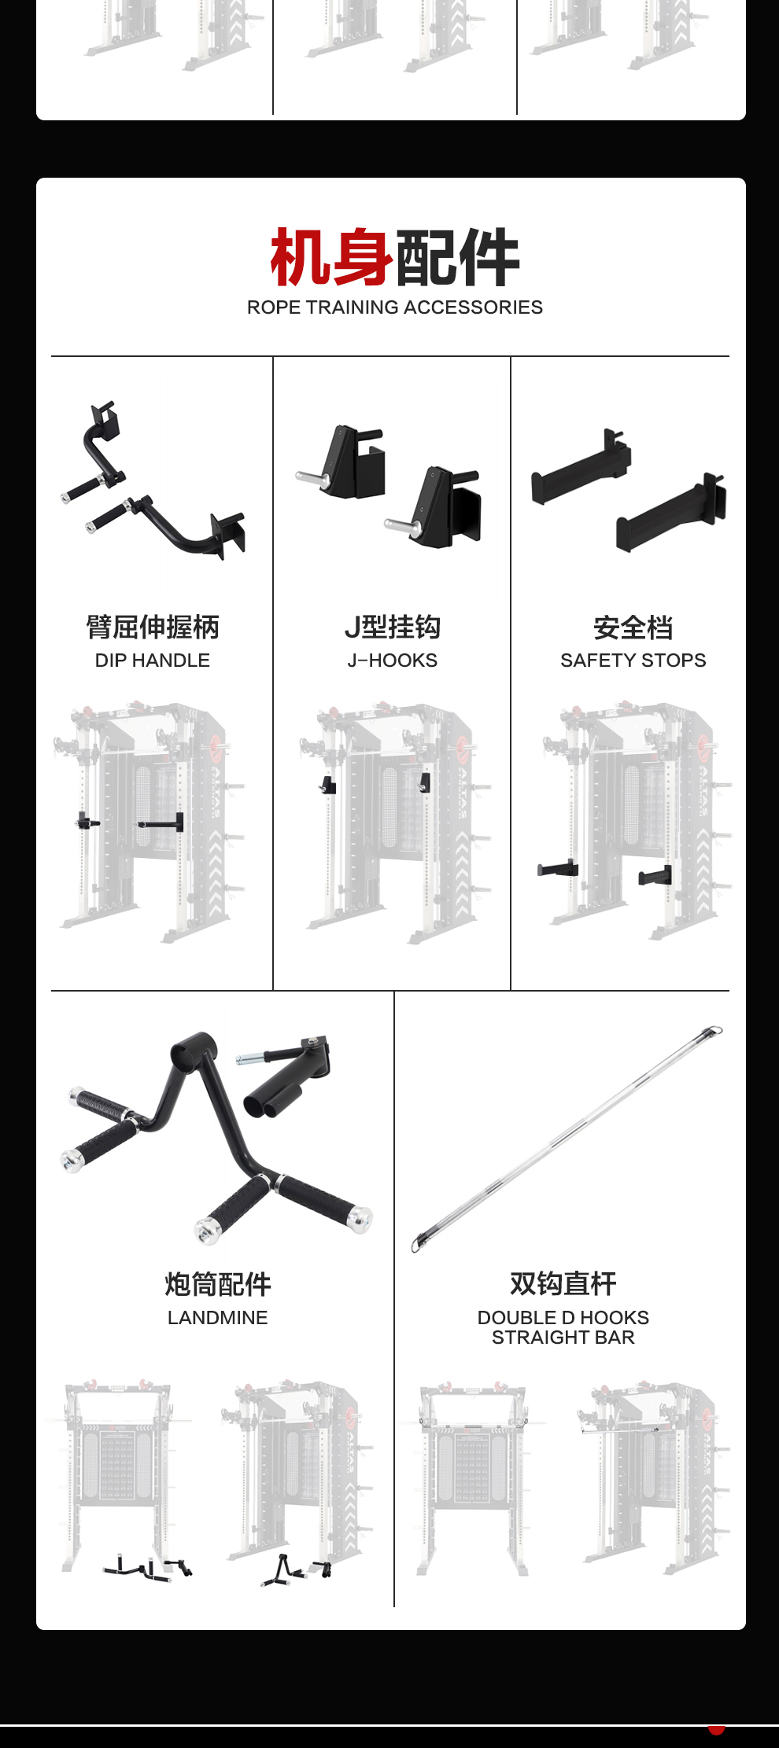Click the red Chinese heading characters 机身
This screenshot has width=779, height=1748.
point(331,257)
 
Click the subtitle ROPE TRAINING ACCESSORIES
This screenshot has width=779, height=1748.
point(395,307)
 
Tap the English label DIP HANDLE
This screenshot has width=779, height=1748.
point(153,661)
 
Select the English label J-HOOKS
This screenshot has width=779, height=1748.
point(393,661)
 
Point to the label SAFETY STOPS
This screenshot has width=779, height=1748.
point(633,661)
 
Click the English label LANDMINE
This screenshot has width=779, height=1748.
point(218,1318)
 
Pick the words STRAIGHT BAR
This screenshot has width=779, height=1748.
point(563,1338)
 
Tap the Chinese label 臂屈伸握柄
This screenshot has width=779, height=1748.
point(153,627)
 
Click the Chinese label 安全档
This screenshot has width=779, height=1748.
point(633,627)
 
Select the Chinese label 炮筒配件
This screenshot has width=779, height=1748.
point(218,1284)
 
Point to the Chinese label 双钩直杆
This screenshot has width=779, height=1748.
point(563,1283)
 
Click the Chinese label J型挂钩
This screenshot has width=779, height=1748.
point(393,627)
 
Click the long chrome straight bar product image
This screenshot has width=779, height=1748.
point(567,1139)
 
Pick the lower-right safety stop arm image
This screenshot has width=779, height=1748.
point(671,513)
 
